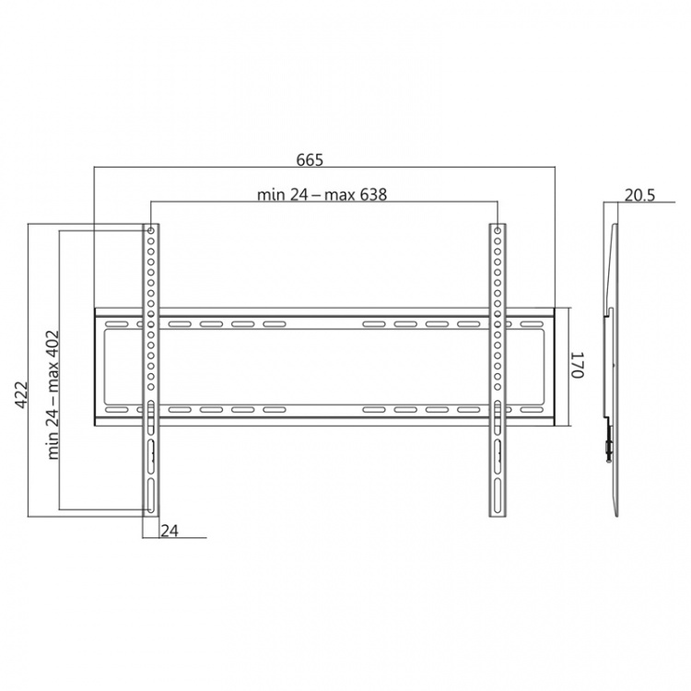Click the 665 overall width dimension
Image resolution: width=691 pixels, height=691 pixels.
tap(310, 160)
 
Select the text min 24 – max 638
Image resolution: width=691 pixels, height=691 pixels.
tap(322, 194)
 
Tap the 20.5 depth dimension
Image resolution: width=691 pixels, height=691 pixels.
tap(640, 194)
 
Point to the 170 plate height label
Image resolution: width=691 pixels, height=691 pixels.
tap(578, 365)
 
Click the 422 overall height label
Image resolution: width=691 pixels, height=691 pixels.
tap(21, 395)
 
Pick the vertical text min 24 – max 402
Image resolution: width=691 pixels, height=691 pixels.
tap(53, 395)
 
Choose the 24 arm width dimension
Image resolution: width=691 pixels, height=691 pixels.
tap(170, 531)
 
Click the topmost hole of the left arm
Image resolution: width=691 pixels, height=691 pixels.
tap(151, 230)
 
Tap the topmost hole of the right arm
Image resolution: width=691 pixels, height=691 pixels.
tap(498, 230)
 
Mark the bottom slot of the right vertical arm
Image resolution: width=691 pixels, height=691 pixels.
tap(498, 495)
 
